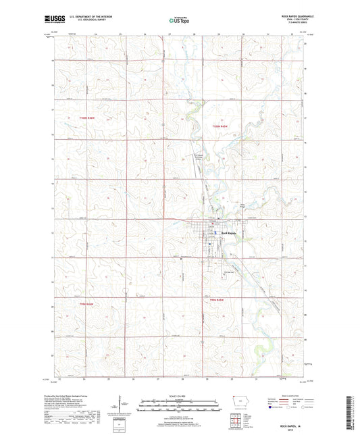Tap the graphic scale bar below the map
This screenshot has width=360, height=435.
tap(180, 407)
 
